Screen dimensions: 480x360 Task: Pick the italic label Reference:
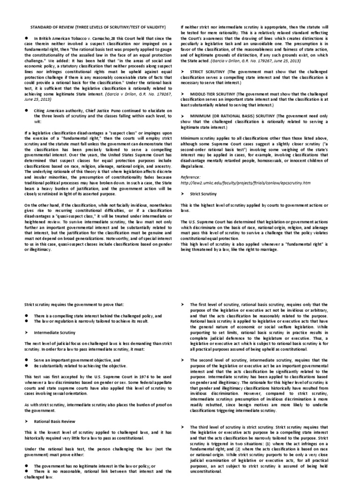[x=191, y=178]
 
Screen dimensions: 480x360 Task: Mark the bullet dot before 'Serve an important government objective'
[x=28, y=358]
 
